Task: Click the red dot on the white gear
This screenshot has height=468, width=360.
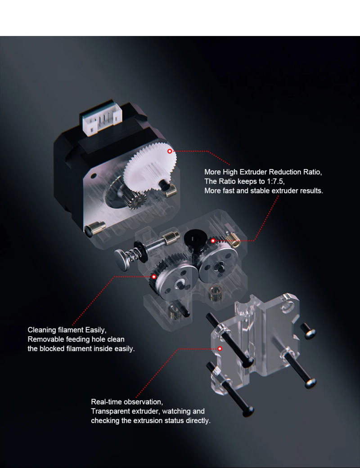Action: point(170,151)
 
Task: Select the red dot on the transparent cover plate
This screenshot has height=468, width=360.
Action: point(220,348)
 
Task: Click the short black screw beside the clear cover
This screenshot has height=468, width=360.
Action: point(308,330)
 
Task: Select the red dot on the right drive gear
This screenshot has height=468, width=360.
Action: point(213,241)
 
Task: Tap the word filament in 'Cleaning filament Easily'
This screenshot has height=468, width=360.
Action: point(71,330)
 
